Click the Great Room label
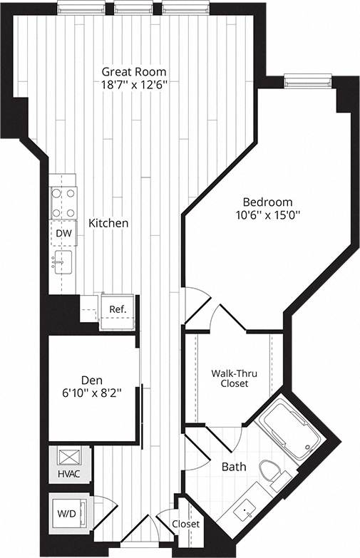pyautogui.click(x=134, y=71)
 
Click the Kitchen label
pyautogui.click(x=108, y=223)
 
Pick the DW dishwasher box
pyautogui.click(x=63, y=233)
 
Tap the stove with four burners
pyautogui.click(x=63, y=202)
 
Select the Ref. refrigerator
pyautogui.click(x=117, y=310)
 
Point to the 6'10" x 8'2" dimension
pyautogui.click(x=92, y=392)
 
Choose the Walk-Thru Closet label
pyautogui.click(x=230, y=378)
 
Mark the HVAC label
pyautogui.click(x=69, y=472)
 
